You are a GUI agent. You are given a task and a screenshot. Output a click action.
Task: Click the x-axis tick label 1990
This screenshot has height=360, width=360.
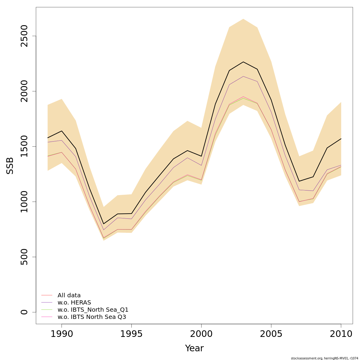point(61,334)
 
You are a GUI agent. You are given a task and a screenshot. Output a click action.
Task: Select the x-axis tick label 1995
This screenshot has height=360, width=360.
point(131,334)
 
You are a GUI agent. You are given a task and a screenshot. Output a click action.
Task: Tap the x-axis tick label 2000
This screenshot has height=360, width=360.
point(201,334)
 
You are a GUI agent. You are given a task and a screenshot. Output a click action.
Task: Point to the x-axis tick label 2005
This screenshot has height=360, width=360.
point(271,334)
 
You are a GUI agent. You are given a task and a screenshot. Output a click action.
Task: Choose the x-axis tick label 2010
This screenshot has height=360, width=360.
point(341,334)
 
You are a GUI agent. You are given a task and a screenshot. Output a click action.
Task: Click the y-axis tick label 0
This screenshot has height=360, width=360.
point(24,312)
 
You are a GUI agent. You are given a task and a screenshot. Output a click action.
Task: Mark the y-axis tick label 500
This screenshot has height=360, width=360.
point(24,257)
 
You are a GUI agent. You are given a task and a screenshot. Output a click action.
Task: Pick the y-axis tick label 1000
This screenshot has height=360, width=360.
point(24,202)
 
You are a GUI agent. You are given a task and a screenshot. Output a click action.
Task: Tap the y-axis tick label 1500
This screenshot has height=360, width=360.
point(24,146)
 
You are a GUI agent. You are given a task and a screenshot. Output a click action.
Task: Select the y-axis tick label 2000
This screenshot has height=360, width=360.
point(24,91)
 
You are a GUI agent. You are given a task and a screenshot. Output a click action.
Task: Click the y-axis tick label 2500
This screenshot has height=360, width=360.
point(24,36)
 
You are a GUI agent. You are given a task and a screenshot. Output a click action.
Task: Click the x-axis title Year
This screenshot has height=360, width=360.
point(194,348)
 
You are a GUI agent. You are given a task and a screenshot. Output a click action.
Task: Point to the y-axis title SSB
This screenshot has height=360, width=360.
point(10,166)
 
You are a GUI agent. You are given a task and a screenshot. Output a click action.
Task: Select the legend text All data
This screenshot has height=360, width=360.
point(69,295)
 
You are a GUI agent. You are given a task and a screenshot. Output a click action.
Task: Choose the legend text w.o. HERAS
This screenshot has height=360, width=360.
point(74,303)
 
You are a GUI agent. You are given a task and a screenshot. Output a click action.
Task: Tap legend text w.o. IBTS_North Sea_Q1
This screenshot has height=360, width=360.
point(93,310)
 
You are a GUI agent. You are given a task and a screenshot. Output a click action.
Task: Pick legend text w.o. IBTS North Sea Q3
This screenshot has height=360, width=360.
point(92,317)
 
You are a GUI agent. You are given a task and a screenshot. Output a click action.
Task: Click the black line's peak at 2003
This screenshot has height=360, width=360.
point(243,62)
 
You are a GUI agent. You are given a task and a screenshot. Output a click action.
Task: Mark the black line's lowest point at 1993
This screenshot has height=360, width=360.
point(103,224)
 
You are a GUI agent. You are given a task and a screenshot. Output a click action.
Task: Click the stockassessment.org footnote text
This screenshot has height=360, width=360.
point(324,358)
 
